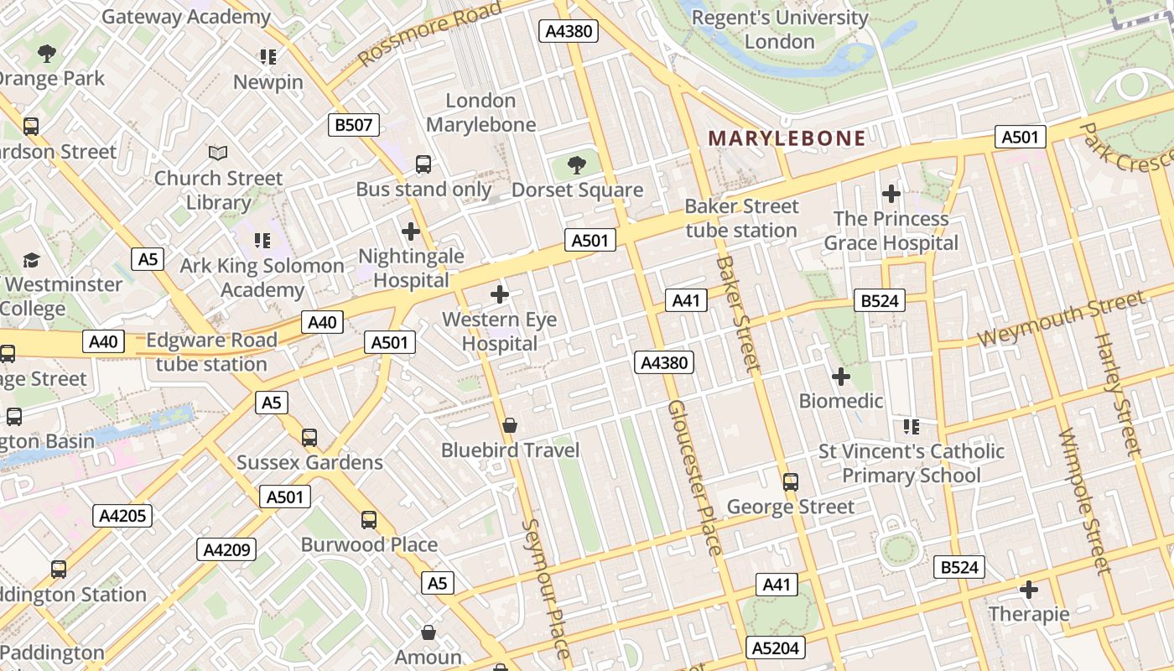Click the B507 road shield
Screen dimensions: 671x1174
[x=353, y=126]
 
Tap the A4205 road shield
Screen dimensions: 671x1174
[x=122, y=515]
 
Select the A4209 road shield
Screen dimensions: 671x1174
[x=226, y=550]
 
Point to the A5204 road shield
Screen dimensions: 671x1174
[x=776, y=648]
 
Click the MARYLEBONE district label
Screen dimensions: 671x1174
[x=787, y=138]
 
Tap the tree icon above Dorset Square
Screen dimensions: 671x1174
[x=576, y=164]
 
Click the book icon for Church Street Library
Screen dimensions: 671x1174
[x=218, y=153]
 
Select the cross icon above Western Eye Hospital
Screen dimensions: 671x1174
[x=500, y=294]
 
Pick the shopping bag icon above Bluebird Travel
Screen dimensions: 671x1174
[x=510, y=425]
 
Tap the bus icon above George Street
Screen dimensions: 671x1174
[x=790, y=481]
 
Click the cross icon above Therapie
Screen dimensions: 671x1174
[x=1029, y=589]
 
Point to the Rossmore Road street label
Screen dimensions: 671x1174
[x=429, y=34]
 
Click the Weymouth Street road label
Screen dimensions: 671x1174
[x=1061, y=319]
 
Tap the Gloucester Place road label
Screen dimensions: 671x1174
[x=695, y=476]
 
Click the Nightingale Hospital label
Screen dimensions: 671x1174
[x=411, y=268]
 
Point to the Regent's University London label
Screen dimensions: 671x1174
[x=780, y=29]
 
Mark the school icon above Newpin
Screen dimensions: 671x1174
[x=268, y=57]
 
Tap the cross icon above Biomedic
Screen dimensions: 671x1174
[x=840, y=376]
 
